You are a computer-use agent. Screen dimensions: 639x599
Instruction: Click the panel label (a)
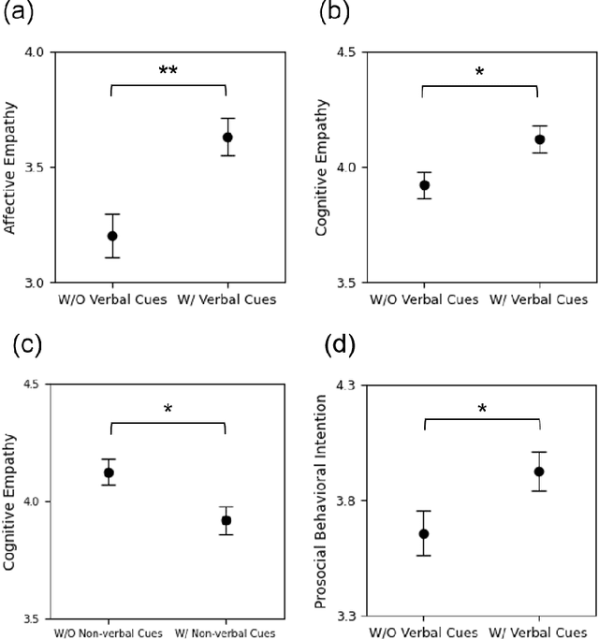pyautogui.click(x=21, y=14)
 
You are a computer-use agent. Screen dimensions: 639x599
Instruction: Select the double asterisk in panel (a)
pyautogui.click(x=169, y=71)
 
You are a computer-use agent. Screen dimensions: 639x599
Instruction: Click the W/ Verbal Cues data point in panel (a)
pyautogui.click(x=227, y=138)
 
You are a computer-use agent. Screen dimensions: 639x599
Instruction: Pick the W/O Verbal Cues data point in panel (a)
pyautogui.click(x=112, y=236)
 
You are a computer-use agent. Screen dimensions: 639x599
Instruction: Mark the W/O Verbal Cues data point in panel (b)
pyautogui.click(x=425, y=185)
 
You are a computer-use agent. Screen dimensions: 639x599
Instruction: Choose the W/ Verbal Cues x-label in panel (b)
pyautogui.click(x=539, y=300)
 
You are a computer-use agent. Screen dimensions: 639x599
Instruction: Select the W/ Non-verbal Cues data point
pyautogui.click(x=226, y=520)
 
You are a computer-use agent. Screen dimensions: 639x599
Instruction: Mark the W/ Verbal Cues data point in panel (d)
pyautogui.click(x=539, y=472)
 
